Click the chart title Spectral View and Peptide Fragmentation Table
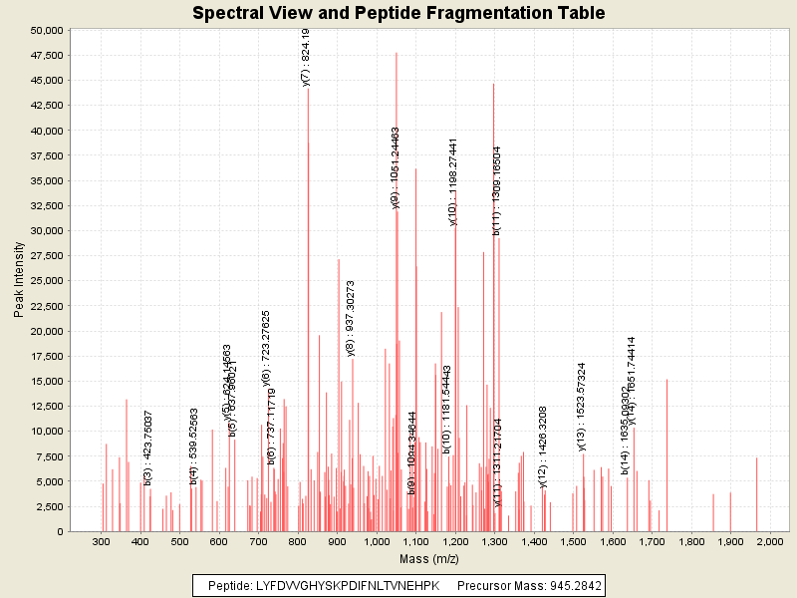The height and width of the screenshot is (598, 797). pos(398,13)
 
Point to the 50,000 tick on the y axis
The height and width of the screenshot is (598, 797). pos(47,30)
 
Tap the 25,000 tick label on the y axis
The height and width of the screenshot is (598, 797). pos(47,281)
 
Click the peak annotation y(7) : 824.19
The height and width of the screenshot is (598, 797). pos(306,58)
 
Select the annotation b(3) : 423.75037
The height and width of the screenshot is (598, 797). pos(148,448)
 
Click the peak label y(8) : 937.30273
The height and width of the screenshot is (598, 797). pos(350,318)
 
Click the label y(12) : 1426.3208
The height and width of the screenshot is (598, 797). pos(543,447)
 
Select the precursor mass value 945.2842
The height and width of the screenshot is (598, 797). pos(572,585)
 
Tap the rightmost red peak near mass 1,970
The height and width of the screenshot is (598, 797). pos(757,494)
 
